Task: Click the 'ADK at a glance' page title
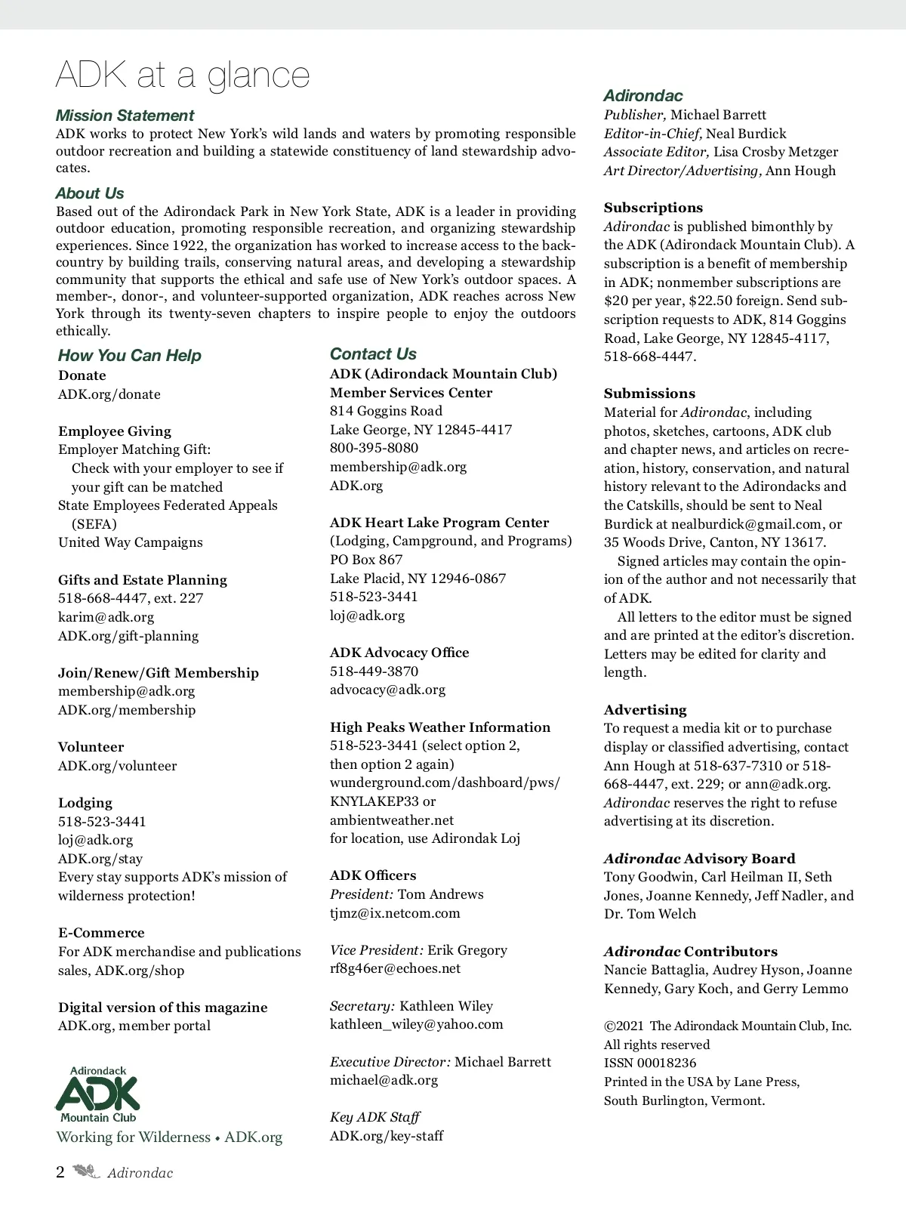183,76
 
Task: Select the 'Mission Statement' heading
125,116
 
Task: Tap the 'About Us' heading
90,193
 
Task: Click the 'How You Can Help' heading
130,356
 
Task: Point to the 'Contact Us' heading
373,354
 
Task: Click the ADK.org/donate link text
109,394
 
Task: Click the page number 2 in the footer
60,1173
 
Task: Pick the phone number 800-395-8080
374,448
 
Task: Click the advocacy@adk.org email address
387,690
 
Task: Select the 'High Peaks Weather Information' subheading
440,727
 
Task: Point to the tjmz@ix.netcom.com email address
395,913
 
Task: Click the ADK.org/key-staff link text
387,1136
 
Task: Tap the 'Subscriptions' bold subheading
653,208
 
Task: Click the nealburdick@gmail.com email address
745,524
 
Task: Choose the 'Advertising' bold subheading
645,710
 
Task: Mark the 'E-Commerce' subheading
101,933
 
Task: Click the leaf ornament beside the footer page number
86,1172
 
